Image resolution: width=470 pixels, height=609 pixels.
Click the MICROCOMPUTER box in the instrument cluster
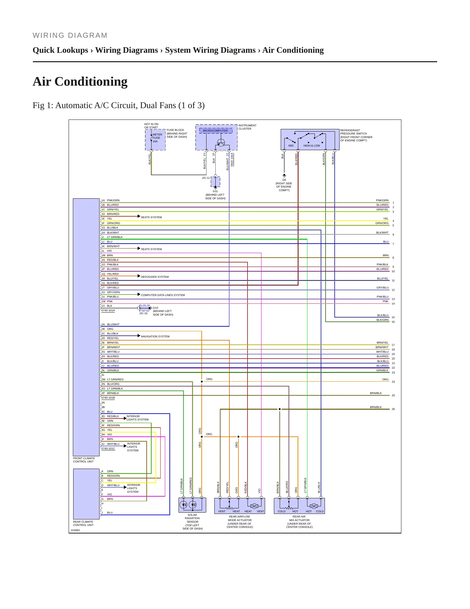216,131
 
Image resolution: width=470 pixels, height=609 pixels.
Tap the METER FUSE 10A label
157,138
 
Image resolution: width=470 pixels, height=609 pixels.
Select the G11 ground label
215,191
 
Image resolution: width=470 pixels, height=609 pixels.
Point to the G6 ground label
284,180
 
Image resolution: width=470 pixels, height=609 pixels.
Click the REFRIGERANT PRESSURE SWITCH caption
356,135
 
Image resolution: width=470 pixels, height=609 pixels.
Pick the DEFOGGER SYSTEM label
155,277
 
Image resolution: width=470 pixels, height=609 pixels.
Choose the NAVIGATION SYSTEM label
155,336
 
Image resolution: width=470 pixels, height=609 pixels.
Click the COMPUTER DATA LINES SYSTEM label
163,295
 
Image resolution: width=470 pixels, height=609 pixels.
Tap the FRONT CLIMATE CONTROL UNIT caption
84,460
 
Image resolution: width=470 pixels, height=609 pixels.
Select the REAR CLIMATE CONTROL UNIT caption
83,523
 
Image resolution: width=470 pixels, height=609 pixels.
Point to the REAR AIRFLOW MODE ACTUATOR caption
240,522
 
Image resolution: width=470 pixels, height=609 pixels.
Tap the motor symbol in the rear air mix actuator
314,506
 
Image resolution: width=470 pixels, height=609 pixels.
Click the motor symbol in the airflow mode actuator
254,506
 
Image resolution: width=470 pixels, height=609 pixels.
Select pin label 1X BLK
107,306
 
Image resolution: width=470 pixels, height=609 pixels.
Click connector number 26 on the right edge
393,409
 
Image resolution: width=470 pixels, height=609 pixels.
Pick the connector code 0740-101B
108,398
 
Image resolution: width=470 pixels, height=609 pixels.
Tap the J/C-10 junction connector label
143,313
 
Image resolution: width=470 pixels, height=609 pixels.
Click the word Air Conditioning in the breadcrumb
293,50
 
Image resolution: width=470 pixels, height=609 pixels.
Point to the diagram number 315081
75,530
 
